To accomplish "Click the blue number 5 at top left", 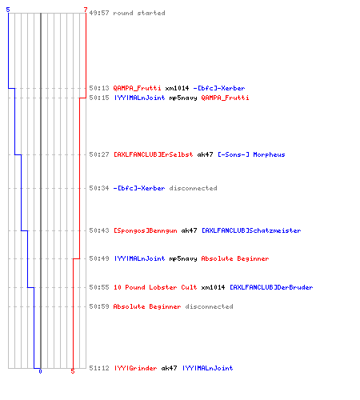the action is [8, 10].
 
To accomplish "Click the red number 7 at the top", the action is [86, 10].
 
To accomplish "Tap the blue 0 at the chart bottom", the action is [40, 371].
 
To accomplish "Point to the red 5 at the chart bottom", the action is [73, 371].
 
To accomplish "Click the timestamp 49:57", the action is [99, 13].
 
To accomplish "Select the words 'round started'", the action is [139, 13].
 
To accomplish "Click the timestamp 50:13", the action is [99, 88].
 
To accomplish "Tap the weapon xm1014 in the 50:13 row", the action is [177, 88].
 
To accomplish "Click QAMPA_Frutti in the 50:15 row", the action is [225, 98].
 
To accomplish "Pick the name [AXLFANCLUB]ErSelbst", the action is [154, 154].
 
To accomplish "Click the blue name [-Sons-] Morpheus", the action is [251, 154].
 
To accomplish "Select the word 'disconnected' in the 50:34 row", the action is [193, 188].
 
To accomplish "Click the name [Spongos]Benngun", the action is [146, 230].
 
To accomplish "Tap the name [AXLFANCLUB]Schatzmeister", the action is [251, 230].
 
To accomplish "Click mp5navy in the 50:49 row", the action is [183, 258].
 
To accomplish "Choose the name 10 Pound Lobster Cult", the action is [155, 287].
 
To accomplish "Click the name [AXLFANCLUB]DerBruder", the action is [271, 287].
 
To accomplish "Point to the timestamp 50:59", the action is [99, 306].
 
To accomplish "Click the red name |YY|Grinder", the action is [135, 368].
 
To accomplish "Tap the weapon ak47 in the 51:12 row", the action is [169, 368].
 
